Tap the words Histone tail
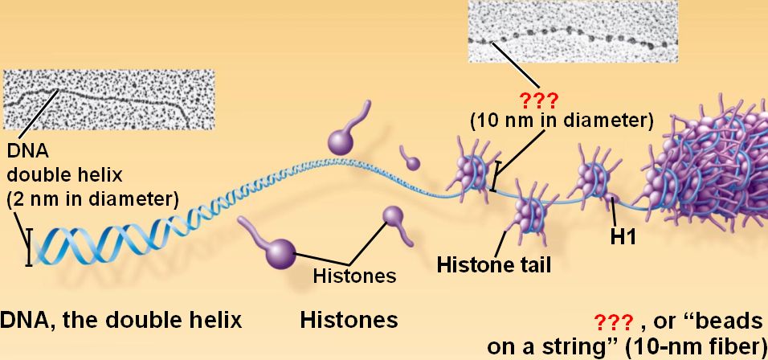(493, 264)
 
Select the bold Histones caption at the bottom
(349, 320)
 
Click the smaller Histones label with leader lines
(354, 276)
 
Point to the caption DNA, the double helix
(121, 320)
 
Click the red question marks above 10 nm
(561, 102)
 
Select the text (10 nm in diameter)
(561, 121)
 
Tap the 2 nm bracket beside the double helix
(29, 247)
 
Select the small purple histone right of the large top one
(412, 162)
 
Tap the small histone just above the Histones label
(394, 216)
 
